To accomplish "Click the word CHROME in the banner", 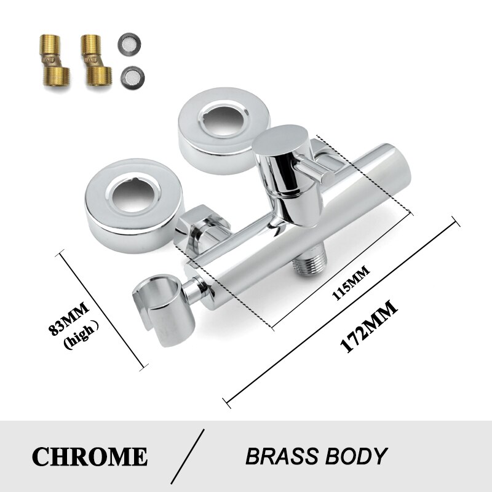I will click(90, 456).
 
